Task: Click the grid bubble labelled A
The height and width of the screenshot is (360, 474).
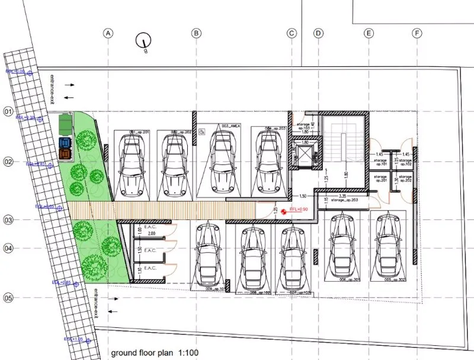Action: [108, 33]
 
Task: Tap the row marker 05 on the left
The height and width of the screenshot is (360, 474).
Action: [8, 298]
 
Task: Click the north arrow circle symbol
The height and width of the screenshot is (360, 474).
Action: [142, 41]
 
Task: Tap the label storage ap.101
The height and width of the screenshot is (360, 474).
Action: [380, 161]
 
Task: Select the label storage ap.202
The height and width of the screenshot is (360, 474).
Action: [405, 179]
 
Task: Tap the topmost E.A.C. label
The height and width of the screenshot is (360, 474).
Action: [150, 227]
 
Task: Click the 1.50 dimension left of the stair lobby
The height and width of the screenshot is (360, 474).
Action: [302, 196]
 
